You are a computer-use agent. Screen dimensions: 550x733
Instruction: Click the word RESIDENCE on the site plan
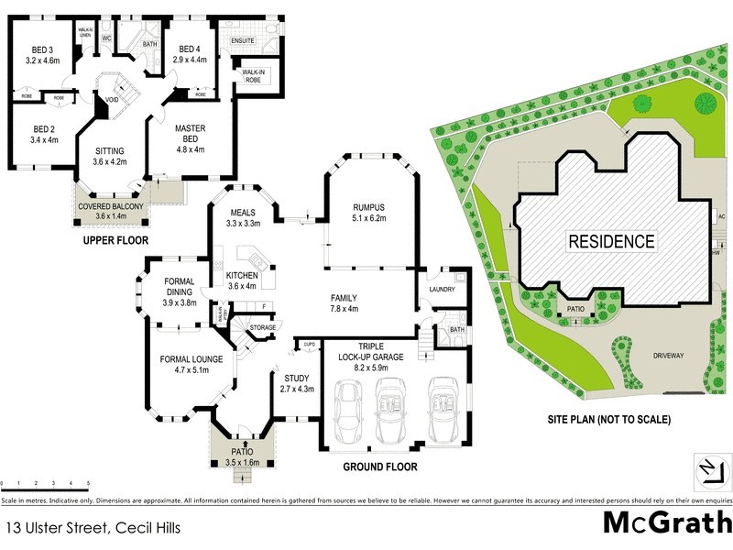pos(612,242)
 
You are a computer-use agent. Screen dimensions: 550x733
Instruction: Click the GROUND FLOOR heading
pos(380,467)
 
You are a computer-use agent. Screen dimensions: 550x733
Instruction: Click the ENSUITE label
pos(243,41)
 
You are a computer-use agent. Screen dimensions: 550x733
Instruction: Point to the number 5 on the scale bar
pos(88,482)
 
